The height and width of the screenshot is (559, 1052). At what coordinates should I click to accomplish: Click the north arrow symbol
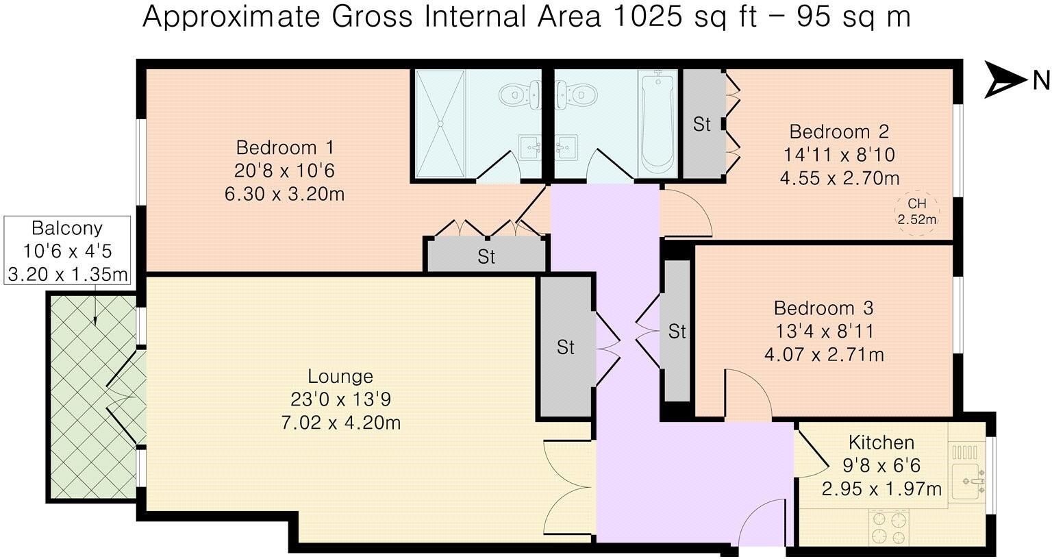click(1003, 80)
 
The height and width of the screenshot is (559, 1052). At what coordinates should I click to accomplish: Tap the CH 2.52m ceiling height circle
click(916, 212)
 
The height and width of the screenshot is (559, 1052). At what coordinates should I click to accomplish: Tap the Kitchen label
click(881, 442)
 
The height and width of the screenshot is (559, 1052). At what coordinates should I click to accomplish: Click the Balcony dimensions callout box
click(67, 251)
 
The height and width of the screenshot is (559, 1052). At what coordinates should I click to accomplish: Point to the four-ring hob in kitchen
click(888, 527)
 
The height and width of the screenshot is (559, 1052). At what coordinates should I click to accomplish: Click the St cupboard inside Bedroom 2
click(703, 124)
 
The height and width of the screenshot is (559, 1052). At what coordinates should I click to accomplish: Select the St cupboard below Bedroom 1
click(486, 257)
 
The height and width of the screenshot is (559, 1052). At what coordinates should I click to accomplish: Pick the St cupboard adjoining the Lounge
click(565, 347)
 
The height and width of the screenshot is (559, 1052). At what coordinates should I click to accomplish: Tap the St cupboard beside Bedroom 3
click(677, 332)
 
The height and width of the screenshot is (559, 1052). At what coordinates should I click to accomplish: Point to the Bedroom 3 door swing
click(747, 394)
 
